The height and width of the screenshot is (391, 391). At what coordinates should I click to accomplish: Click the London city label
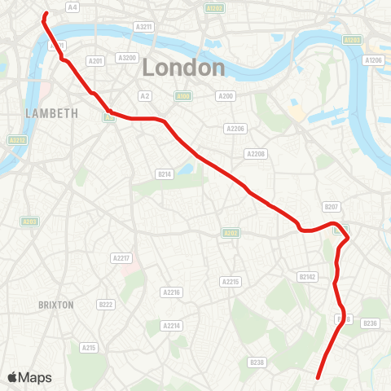click(x=183, y=68)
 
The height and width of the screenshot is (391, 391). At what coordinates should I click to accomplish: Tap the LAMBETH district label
click(x=51, y=113)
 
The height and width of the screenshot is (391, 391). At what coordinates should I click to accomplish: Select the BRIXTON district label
click(x=56, y=305)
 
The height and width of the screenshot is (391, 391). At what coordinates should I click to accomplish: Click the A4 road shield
click(x=72, y=7)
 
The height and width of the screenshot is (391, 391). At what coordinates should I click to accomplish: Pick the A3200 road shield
click(x=126, y=58)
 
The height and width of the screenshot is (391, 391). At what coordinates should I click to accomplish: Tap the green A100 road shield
click(x=184, y=96)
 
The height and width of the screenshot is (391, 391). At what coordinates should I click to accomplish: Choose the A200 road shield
click(x=226, y=96)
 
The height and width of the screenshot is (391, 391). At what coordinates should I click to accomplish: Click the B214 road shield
click(x=165, y=174)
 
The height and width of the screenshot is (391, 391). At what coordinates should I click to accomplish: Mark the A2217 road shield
click(x=121, y=258)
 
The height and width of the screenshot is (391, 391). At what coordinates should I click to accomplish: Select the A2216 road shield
click(x=171, y=292)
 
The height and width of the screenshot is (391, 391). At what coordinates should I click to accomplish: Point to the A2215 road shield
click(x=231, y=281)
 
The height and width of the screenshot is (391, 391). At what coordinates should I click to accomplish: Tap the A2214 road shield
click(x=171, y=326)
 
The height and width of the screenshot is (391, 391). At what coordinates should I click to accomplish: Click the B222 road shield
click(x=106, y=305)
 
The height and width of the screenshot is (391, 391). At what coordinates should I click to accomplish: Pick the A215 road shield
click(x=89, y=348)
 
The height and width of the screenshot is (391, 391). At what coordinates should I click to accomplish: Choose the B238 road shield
click(x=257, y=362)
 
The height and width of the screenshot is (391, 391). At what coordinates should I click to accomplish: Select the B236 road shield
click(x=371, y=323)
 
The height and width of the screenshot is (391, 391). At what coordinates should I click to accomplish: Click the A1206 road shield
click(x=373, y=60)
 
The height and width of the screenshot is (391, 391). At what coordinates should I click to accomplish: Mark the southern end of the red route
click(x=317, y=377)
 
